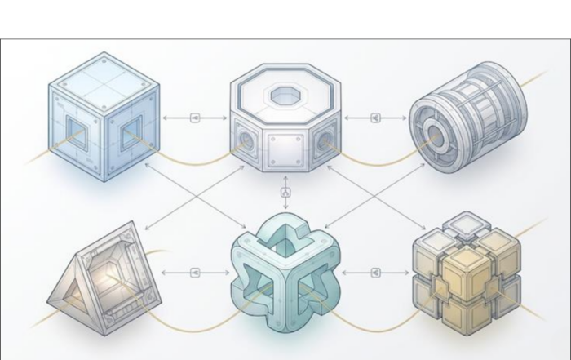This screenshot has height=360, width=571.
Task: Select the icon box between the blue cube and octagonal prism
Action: click(195, 118)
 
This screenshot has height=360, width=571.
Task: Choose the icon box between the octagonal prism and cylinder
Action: click(375, 118)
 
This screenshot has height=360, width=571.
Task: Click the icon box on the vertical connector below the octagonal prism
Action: click(285, 193)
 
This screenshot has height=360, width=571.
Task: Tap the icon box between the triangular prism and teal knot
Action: click(195, 273)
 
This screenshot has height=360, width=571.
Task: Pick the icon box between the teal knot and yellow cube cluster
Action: click(376, 273)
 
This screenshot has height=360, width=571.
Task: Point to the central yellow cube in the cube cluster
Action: click(467, 273)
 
